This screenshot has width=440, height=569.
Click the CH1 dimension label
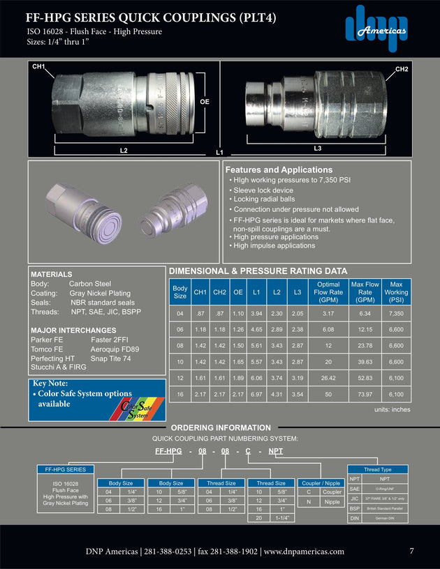[x=38, y=66]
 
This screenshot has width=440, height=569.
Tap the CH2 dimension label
[x=402, y=69]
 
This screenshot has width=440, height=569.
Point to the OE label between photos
[x=205, y=102]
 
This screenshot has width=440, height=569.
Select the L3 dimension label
[x=317, y=148]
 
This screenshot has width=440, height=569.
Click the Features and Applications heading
[x=278, y=169]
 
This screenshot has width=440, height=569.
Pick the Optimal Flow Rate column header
[x=328, y=292]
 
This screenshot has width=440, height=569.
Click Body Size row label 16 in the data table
[x=180, y=395]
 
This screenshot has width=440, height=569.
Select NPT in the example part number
[x=276, y=451]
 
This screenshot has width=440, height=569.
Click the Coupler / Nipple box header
[x=320, y=483]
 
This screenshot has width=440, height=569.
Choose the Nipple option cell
[x=332, y=501]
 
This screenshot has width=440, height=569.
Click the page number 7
[x=411, y=551]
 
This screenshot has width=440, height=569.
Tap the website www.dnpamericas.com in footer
[x=305, y=552]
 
